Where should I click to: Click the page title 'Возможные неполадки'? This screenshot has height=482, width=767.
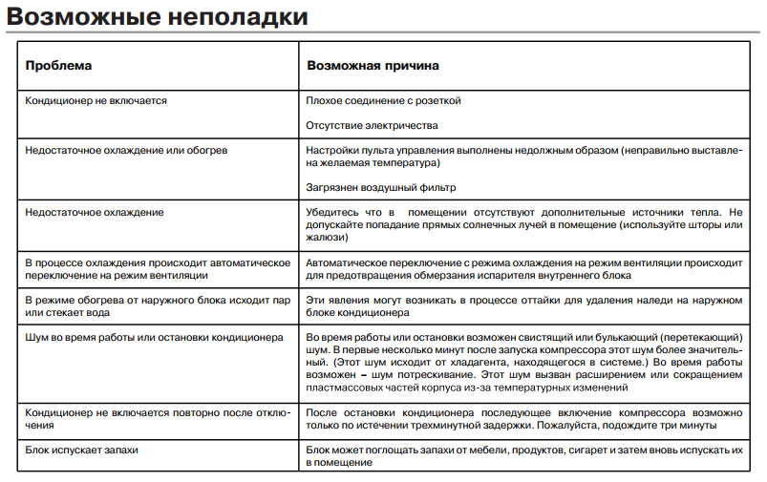click(157, 16)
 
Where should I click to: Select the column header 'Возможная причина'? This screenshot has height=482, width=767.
click(373, 67)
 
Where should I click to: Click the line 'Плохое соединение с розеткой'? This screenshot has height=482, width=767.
click(383, 99)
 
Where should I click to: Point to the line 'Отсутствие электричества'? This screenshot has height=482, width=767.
click(372, 125)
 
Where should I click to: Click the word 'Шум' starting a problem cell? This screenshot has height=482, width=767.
click(36, 338)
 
